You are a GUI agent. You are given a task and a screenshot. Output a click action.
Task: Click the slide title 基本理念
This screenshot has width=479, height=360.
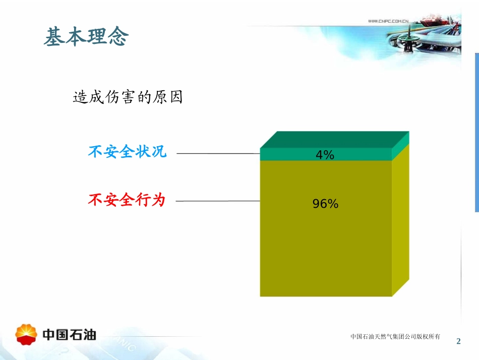pos(86,37)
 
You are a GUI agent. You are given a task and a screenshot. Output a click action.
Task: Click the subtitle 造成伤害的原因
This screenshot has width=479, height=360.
pos(128,97)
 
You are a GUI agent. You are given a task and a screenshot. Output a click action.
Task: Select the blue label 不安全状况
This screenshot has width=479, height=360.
pos(127,151)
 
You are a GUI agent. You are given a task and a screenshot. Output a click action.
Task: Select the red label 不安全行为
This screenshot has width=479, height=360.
pos(127,200)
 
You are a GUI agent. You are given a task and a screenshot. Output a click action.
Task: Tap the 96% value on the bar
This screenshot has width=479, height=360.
pos(325,204)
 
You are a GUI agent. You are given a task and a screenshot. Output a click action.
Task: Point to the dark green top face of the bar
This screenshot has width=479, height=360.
pos(333,139)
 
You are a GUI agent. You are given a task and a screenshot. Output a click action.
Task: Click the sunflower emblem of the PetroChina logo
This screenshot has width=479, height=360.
pos(26,334)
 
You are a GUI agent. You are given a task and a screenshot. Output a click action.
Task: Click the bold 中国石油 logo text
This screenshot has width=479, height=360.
pos(69,334)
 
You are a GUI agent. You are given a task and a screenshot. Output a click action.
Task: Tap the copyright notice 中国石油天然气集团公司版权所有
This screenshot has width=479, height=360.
pos(395,336)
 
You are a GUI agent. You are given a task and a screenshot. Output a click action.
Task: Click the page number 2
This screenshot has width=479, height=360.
pos(458,341)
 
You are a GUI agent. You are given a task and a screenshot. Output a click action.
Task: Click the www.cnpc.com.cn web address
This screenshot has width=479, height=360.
pos(388,21)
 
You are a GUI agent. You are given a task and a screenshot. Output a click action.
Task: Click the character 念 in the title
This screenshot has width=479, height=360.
pos(118,37)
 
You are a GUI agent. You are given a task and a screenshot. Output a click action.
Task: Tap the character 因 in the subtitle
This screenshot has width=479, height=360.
pos(175,97)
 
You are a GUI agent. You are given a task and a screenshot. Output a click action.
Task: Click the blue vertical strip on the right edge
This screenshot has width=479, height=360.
pos(476,131)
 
